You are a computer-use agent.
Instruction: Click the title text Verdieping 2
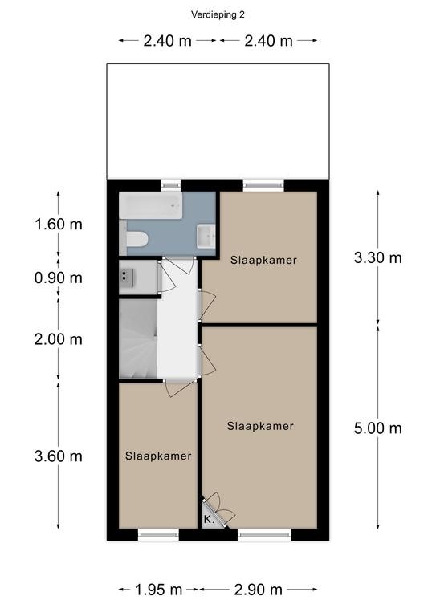pos(218,15)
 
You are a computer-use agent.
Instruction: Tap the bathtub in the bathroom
pos(151,205)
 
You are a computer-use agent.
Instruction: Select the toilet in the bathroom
pos(134,239)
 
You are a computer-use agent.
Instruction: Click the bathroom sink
pos(206,236)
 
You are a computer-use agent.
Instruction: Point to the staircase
pos(138,338)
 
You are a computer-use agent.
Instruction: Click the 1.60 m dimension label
pos(59,225)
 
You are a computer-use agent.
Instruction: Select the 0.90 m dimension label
pos(59,278)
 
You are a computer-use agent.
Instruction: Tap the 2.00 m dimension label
pos(59,339)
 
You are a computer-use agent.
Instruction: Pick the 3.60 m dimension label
pos(59,456)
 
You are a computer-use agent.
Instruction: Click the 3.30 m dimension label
pos(378,257)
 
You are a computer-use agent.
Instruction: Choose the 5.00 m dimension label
pos(378,428)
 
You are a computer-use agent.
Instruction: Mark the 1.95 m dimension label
pos(158,590)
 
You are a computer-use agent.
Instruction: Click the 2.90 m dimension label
pos(259,590)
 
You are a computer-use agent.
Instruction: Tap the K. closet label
pos(209,520)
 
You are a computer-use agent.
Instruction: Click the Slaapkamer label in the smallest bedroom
pos(158,456)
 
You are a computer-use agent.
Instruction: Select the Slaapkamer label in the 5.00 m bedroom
pos(260,426)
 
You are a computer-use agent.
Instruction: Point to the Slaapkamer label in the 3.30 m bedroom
pos(263,260)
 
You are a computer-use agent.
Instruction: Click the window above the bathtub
pos(171,185)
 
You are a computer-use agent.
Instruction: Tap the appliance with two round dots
pos(127,278)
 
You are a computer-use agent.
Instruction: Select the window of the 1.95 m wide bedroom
pos(158,534)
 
